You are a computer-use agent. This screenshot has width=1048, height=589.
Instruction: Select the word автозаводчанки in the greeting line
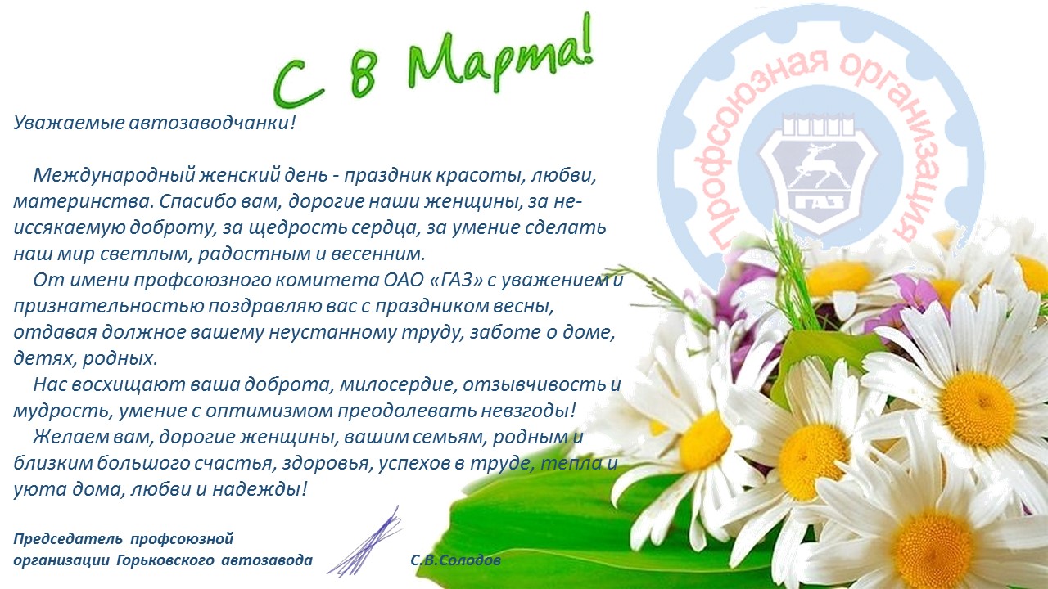point(209,123)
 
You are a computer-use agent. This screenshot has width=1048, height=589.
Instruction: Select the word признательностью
point(107,307)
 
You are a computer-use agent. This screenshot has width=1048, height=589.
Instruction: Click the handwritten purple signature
point(365,542)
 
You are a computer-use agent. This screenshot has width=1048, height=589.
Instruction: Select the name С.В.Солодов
point(456,560)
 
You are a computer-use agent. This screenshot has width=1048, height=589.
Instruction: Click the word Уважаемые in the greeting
point(68,123)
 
